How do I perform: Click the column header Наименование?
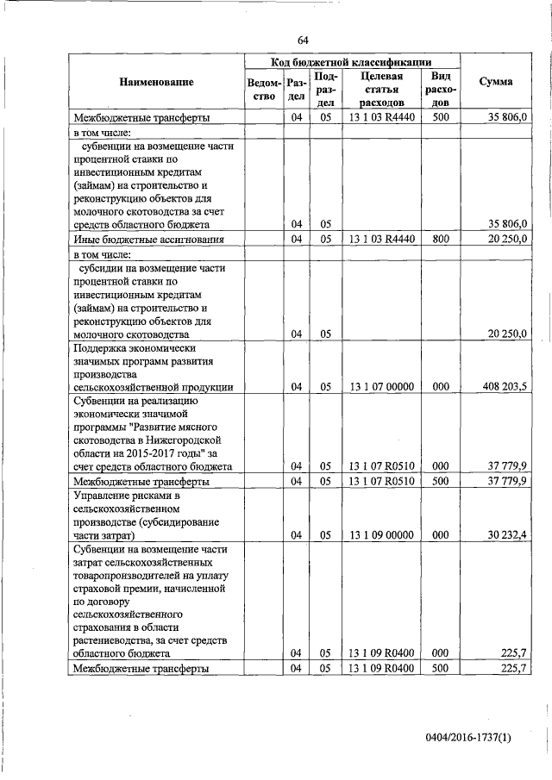click(157, 82)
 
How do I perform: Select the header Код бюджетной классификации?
click(352, 61)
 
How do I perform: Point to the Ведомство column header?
click(263, 90)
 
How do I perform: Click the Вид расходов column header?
click(440, 90)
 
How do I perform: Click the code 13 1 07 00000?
click(382, 387)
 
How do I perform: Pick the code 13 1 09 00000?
click(382, 535)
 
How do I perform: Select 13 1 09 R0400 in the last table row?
click(382, 669)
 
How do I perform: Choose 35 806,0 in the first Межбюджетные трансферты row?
click(507, 116)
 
